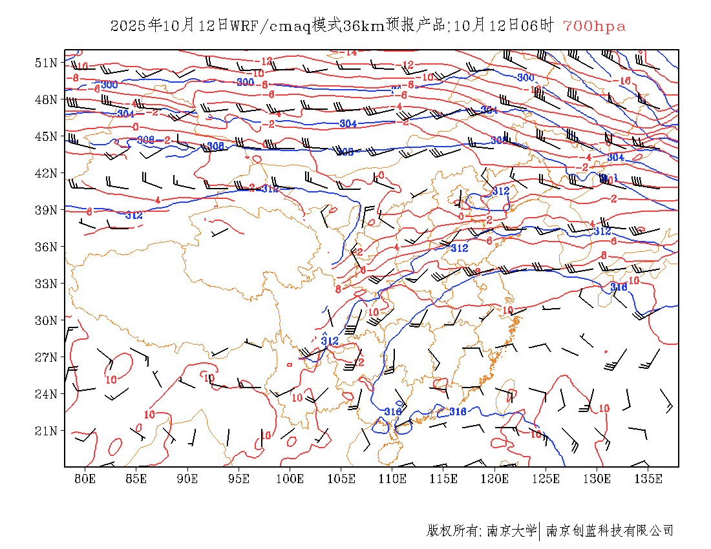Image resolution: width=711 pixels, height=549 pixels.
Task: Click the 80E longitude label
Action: [85, 479]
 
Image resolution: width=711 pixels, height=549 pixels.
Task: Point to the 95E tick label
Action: [239, 479]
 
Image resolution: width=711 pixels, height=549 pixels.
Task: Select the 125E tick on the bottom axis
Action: [546, 479]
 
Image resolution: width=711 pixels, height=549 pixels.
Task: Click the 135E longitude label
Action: [648, 479]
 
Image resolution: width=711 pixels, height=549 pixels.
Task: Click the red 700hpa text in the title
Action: [594, 26]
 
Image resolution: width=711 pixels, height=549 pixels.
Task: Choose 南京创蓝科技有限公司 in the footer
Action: [610, 531]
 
